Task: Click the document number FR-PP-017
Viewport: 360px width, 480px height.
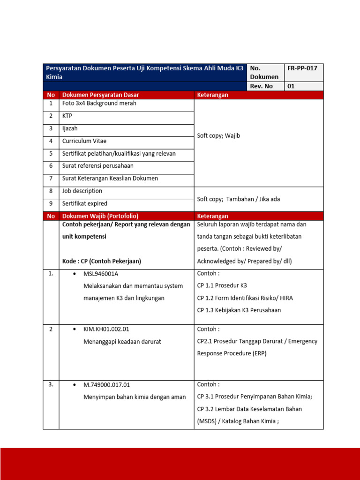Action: point(302,68)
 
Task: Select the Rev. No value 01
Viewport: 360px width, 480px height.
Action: point(291,86)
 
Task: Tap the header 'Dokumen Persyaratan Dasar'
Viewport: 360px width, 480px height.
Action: point(100,95)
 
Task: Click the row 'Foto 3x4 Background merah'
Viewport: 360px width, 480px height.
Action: point(99,103)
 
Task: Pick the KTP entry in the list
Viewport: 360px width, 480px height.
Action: point(67,116)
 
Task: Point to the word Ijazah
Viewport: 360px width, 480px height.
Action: point(70,128)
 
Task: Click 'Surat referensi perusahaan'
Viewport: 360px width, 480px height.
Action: point(97,166)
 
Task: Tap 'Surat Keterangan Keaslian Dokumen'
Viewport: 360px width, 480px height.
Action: point(110,179)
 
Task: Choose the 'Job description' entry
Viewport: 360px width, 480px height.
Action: point(82,191)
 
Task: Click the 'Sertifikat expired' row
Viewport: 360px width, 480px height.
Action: point(84,204)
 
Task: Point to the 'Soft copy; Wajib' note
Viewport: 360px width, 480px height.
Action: point(218,135)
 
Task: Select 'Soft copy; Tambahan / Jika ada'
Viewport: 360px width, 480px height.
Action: point(238,199)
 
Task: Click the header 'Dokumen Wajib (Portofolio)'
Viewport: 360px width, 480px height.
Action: point(100,216)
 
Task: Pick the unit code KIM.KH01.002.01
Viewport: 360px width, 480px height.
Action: point(106,330)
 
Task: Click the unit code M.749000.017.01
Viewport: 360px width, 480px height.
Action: point(106,385)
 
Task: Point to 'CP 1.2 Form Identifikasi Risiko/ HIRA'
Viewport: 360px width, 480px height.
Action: point(245,298)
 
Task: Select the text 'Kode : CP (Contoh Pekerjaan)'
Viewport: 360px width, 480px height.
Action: point(101,261)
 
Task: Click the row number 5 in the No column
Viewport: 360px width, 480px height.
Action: point(51,154)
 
